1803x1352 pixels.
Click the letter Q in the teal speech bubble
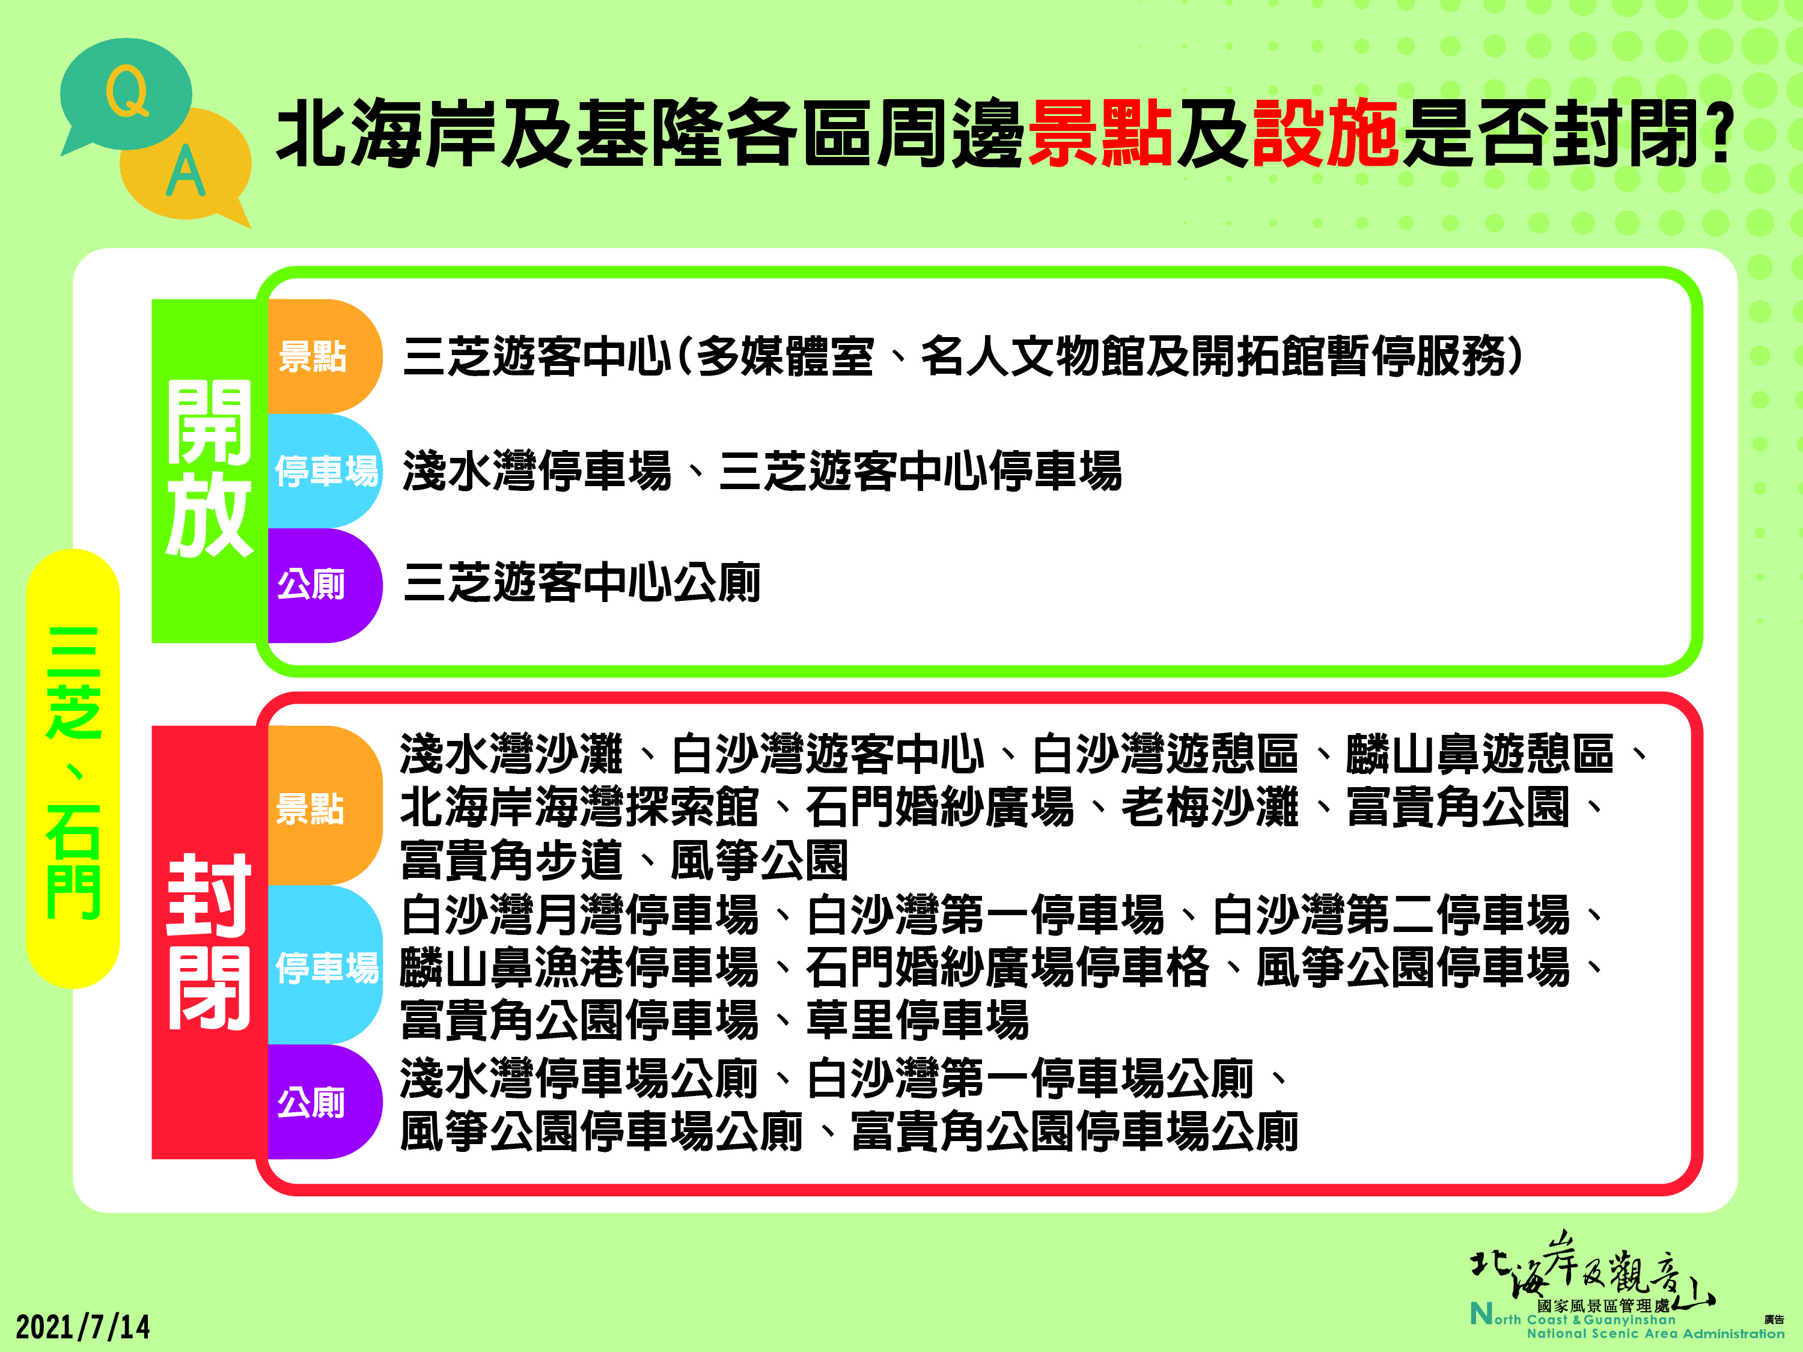pyautogui.click(x=128, y=91)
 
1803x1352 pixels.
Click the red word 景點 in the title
pyautogui.click(x=1100, y=133)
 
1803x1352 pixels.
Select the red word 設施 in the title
pyautogui.click(x=1325, y=133)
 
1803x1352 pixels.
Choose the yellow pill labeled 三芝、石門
pyautogui.click(x=73, y=769)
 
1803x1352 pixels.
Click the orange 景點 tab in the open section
pyautogui.click(x=325, y=356)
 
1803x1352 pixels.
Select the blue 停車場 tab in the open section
pyautogui.click(x=325, y=471)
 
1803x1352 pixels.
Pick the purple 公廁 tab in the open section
pyautogui.click(x=325, y=585)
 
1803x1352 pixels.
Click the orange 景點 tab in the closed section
pyautogui.click(x=325, y=805)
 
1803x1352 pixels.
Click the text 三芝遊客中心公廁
pyautogui.click(x=582, y=583)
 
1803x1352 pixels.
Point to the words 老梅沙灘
pyautogui.click(x=1210, y=807)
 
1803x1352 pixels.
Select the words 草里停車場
pyautogui.click(x=918, y=1020)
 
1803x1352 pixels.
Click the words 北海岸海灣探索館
pyautogui.click(x=579, y=807)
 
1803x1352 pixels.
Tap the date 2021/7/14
pyautogui.click(x=83, y=1327)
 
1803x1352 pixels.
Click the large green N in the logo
pyautogui.click(x=1481, y=1313)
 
